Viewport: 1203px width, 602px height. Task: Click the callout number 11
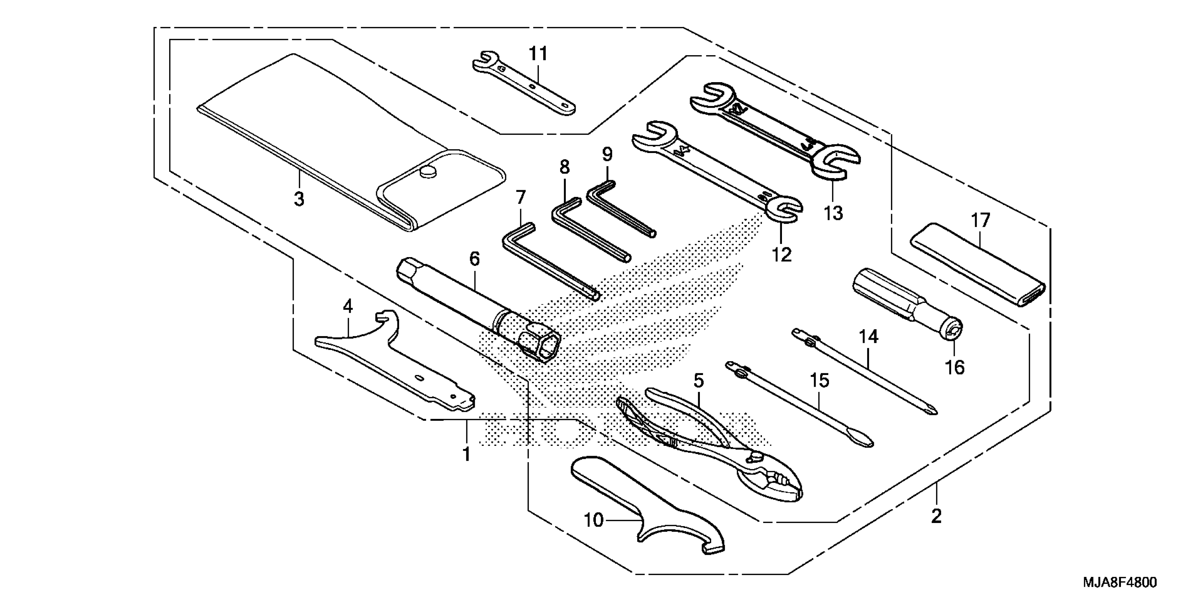(538, 54)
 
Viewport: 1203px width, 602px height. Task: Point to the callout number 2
(936, 516)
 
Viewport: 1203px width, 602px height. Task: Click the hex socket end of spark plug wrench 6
(546, 350)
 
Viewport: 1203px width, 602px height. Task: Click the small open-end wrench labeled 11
(523, 84)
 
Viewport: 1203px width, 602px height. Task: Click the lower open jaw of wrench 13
(835, 166)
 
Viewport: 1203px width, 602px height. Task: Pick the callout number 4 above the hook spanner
(347, 307)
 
